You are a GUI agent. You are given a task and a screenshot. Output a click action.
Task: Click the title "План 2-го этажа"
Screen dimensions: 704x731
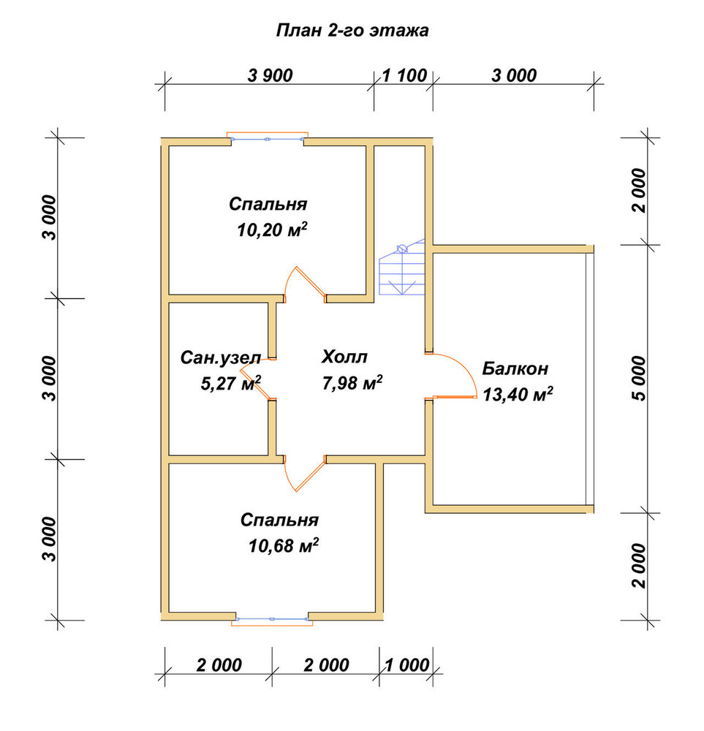click(352, 31)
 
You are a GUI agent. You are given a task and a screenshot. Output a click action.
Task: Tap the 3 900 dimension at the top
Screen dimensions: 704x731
click(270, 75)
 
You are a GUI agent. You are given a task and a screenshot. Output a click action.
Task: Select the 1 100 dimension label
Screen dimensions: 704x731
click(404, 75)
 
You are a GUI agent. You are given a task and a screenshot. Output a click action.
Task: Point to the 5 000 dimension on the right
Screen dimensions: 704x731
click(640, 378)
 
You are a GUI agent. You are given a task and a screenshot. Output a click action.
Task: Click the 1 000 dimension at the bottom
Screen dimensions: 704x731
click(406, 665)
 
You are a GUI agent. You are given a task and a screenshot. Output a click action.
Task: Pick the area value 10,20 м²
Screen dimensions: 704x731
click(272, 230)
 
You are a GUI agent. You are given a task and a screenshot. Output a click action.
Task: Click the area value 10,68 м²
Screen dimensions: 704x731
click(284, 545)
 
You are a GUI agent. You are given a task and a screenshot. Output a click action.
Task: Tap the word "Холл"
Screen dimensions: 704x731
click(344, 357)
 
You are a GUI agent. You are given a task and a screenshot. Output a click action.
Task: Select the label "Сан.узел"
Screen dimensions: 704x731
click(221, 358)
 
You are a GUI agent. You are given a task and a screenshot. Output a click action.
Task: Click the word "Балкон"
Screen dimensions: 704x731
click(515, 368)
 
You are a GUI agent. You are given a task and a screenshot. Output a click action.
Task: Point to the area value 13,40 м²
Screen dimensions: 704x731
click(518, 395)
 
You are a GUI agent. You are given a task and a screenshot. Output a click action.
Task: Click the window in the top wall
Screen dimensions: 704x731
click(268, 138)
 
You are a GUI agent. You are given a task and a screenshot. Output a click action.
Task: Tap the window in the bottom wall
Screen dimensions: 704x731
click(272, 620)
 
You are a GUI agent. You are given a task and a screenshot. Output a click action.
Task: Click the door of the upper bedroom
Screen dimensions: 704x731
click(306, 284)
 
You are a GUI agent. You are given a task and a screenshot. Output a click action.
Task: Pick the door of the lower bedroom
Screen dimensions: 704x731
click(304, 473)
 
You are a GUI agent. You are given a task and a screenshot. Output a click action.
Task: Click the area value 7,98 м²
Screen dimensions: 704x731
click(352, 383)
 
